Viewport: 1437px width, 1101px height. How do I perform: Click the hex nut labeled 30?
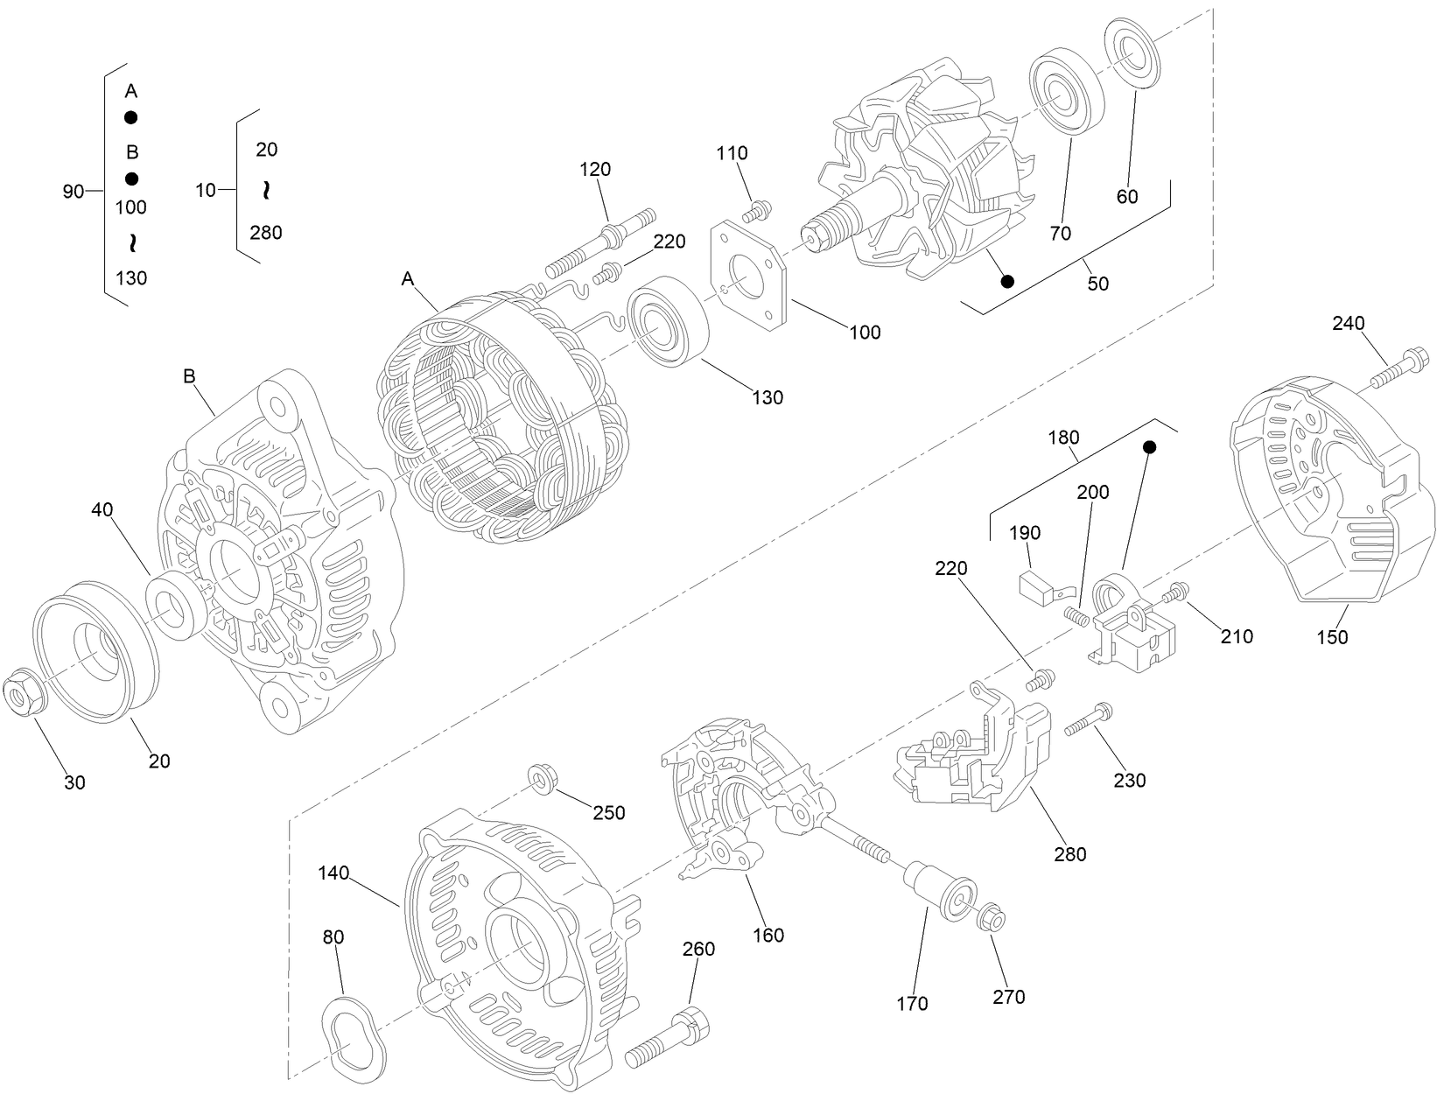pos(25,694)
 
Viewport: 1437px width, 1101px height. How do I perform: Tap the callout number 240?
pos(1349,324)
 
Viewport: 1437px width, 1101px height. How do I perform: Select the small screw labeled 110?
pos(756,211)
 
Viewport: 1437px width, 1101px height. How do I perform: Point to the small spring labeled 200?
pos(1076,616)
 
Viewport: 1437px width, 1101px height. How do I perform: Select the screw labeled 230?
pos(1086,719)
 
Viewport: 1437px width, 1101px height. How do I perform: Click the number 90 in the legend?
pos(73,191)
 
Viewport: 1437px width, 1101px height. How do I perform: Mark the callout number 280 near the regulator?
pos(1070,854)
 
